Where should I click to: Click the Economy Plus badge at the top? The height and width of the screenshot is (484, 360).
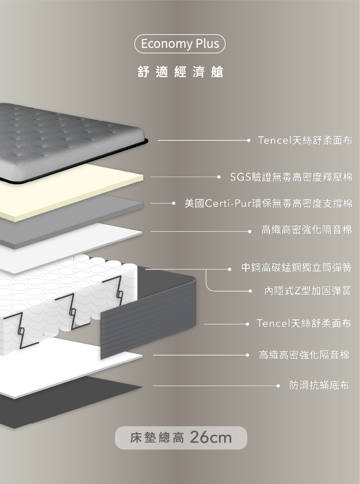point(180,44)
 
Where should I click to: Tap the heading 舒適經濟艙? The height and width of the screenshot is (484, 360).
point(180,72)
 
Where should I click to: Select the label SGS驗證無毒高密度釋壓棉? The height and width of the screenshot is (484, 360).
point(291,177)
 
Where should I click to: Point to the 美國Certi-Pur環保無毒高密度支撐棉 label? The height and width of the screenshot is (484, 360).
point(268,203)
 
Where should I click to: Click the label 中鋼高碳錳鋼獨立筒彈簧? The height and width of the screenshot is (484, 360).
point(296,268)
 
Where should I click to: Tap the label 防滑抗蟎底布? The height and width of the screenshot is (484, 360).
point(319,385)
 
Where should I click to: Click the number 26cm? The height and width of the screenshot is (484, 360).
point(211,438)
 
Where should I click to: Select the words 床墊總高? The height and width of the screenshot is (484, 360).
point(157,438)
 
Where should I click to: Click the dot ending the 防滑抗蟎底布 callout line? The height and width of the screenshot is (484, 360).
point(278,386)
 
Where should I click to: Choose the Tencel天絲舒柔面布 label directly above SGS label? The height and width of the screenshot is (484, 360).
point(305,140)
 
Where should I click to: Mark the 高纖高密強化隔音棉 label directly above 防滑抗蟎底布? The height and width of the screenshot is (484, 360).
point(304,355)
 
